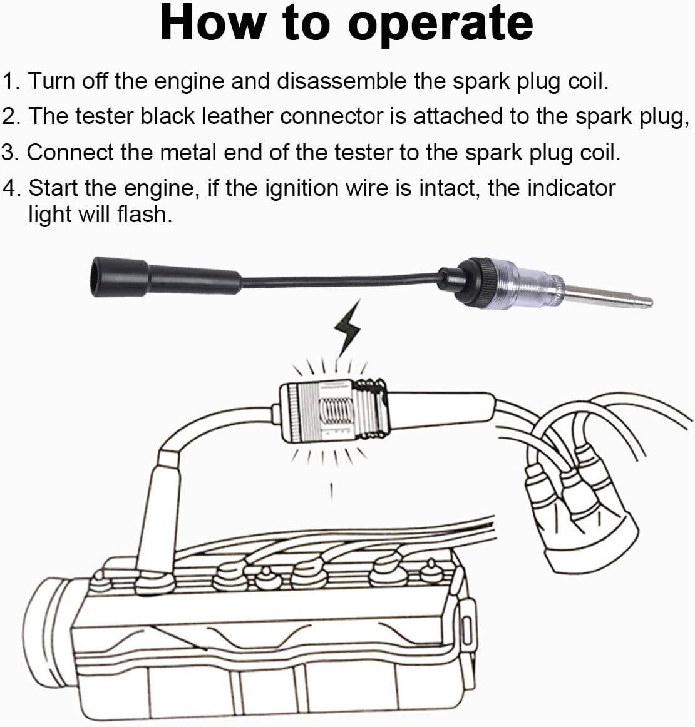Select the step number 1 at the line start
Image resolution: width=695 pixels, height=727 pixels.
click(x=9, y=81)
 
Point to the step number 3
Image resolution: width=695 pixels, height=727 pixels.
click(x=9, y=152)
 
